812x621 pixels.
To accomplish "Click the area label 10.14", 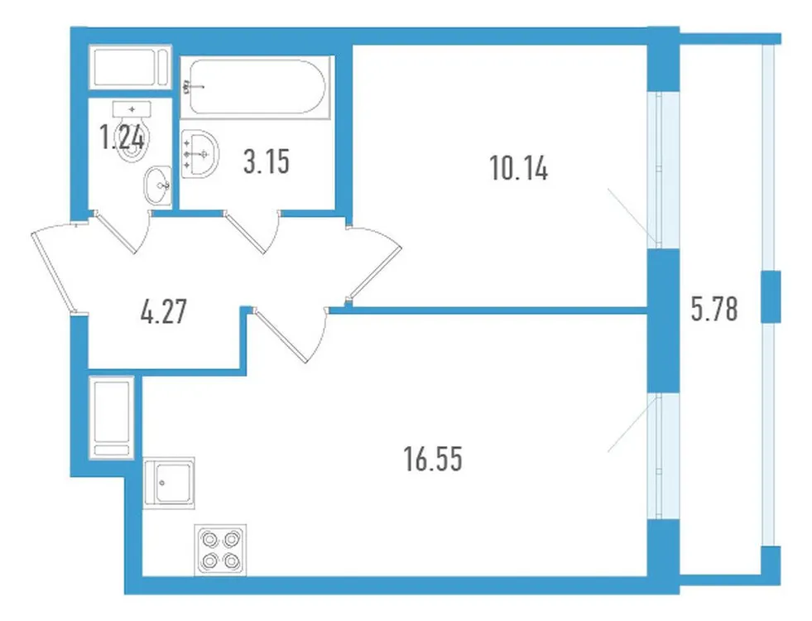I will point(519,171).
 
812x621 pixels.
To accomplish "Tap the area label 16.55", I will point(432,457).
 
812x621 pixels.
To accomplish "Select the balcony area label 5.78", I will point(713,310).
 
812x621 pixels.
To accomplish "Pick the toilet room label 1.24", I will point(122,137).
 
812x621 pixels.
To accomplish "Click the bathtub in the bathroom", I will point(257,86).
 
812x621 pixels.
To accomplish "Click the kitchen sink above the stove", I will point(169,482).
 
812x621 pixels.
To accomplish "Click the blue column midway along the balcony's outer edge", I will point(771,296).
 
